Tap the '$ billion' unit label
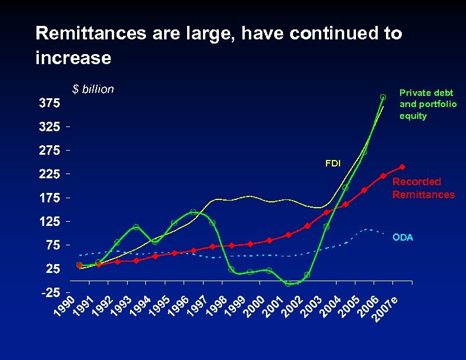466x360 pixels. click(93, 89)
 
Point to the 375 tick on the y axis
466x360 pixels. click(49, 104)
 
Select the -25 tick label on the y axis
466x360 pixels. click(49, 292)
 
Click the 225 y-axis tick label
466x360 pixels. click(49, 175)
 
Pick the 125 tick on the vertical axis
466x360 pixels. click(49, 222)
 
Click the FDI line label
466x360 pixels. click(333, 163)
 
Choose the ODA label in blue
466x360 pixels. click(403, 238)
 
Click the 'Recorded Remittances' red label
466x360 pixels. click(424, 188)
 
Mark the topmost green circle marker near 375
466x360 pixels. click(383, 97)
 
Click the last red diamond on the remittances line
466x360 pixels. click(402, 167)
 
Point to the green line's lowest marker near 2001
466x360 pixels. click(288, 284)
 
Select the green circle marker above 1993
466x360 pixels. click(136, 227)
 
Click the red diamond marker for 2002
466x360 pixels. click(307, 226)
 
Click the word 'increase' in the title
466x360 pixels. click(73, 58)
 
